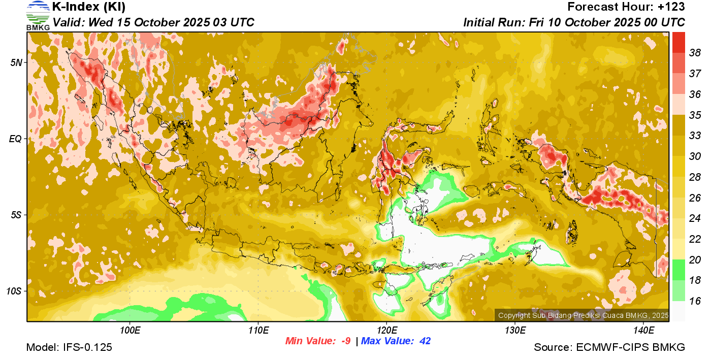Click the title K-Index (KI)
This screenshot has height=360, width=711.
click(x=89, y=7)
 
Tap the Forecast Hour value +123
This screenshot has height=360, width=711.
click(x=671, y=7)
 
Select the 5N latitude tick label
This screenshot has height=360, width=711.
click(x=17, y=62)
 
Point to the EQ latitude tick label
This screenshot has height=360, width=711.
click(x=16, y=139)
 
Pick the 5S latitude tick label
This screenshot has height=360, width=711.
click(x=17, y=215)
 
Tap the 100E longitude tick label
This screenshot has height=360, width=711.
click(x=130, y=331)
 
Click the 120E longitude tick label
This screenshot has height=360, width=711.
click(x=386, y=331)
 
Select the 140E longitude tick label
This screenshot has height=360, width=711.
click(x=643, y=331)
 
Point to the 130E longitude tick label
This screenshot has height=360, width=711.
click(x=515, y=331)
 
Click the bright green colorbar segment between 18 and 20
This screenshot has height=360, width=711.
click(x=678, y=270)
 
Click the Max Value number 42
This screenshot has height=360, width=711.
click(x=425, y=341)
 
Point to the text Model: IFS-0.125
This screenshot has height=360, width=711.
click(x=69, y=347)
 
